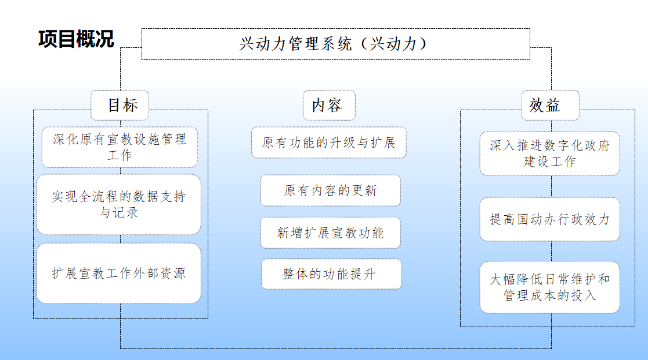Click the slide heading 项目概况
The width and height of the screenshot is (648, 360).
coord(76,39)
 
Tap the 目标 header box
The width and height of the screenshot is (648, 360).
coord(121,104)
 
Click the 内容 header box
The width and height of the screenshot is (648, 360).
coord(327,104)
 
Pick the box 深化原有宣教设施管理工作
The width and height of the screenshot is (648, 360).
coord(120,146)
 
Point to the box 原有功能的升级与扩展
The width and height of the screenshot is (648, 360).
coord(328,143)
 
